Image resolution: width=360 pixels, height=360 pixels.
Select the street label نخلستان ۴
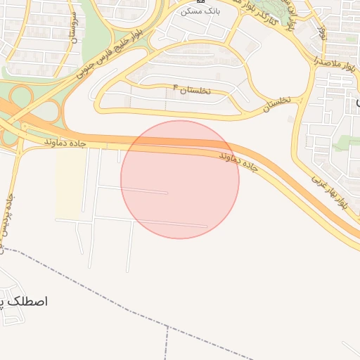191,90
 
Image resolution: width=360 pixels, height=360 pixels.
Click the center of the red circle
180,179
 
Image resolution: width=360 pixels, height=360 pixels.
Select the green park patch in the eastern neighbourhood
345,142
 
